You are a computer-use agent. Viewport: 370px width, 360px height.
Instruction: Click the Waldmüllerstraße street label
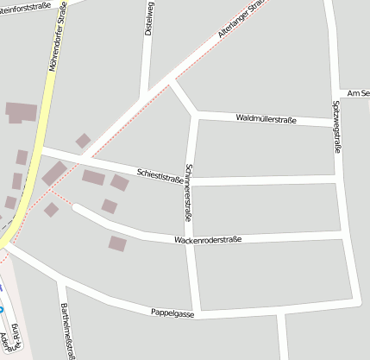click(266, 119)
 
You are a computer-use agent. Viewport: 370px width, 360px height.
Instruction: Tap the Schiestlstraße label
click(160, 174)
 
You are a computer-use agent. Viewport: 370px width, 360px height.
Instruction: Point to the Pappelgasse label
click(172, 313)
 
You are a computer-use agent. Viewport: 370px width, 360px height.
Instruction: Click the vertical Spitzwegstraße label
click(336, 127)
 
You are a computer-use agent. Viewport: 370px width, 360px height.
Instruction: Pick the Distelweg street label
click(149, 17)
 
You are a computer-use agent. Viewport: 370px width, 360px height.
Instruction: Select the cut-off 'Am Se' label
click(357, 93)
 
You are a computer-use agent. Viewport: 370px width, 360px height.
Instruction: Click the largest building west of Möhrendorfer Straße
click(22, 112)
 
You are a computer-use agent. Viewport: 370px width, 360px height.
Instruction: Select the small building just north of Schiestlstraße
click(83, 141)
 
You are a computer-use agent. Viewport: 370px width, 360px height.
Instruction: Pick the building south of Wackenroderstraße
click(117, 243)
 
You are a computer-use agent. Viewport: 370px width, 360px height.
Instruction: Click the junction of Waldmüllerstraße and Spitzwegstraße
click(334, 123)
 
